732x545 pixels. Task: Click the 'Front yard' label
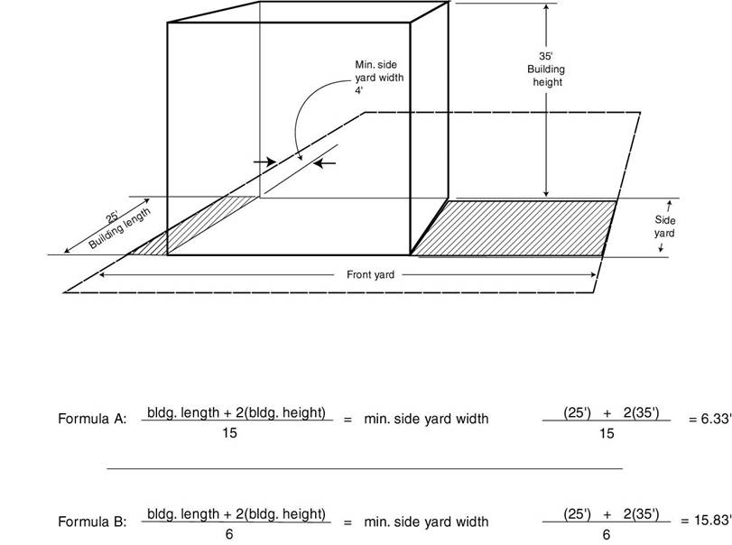(370, 274)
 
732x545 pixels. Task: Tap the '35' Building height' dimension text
(546, 69)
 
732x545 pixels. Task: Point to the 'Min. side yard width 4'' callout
(378, 78)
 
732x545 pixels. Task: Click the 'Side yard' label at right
(665, 226)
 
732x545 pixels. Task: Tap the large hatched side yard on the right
(514, 228)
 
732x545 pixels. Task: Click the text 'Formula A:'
(92, 419)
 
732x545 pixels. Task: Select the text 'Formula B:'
(92, 522)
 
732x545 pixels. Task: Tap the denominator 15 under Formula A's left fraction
(229, 433)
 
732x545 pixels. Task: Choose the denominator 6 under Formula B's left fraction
(228, 534)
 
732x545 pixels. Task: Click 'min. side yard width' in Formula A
(426, 419)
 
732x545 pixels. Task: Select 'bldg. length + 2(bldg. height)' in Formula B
(236, 513)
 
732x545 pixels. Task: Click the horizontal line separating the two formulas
(365, 468)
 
